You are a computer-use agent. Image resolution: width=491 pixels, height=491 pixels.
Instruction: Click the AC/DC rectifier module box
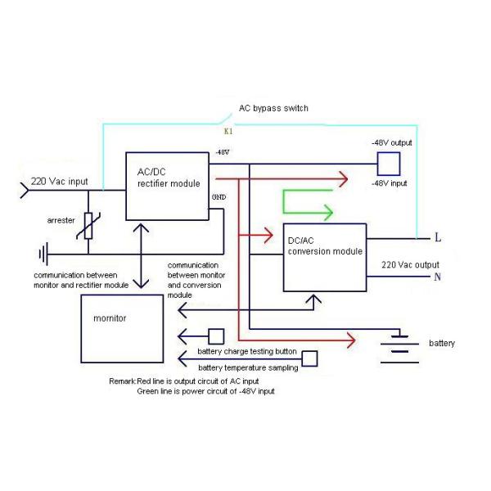coord(167,186)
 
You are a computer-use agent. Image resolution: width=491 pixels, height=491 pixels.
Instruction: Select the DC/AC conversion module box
coord(325,257)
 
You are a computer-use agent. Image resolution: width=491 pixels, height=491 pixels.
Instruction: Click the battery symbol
coord(399,343)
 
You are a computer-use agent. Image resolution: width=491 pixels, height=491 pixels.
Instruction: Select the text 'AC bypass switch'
coord(273,108)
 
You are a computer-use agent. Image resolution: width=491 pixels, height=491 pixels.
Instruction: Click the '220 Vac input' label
coord(60,182)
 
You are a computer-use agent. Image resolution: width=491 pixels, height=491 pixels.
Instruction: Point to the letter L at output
coord(439,238)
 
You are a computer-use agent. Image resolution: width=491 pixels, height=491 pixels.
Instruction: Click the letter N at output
coord(439,277)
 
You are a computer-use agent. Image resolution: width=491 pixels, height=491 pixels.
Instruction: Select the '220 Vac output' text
coord(410,265)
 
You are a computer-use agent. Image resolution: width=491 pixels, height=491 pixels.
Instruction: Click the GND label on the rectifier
coord(218,198)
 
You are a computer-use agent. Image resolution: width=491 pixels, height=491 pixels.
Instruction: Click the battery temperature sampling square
coord(310,358)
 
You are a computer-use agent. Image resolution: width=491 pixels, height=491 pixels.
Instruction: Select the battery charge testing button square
coord(216,336)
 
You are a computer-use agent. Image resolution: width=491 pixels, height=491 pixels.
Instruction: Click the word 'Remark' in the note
coord(123,381)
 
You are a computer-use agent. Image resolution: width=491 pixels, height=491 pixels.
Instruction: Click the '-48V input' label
coord(390,183)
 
